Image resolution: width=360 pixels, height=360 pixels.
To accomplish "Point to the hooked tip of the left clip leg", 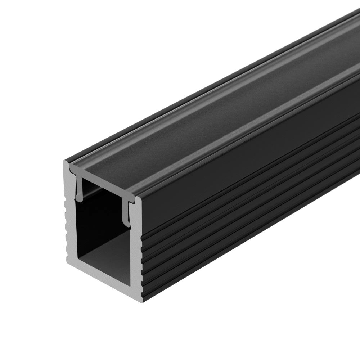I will [78, 197].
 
